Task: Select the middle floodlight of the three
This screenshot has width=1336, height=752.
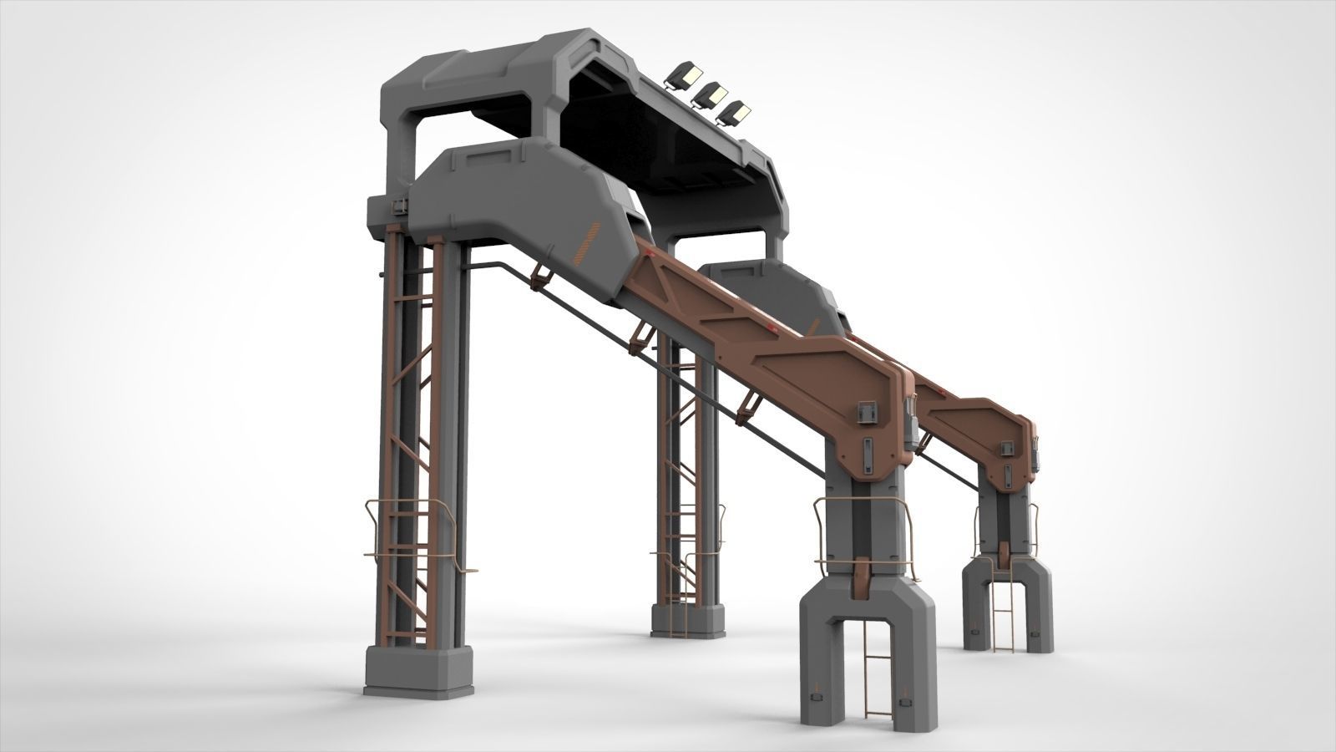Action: pos(711,94)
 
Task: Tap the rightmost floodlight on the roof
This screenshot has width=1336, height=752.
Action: pos(736,112)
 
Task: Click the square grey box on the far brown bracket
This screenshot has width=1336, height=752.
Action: pos(1008,450)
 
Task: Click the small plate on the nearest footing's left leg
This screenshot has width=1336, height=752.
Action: pos(817,695)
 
